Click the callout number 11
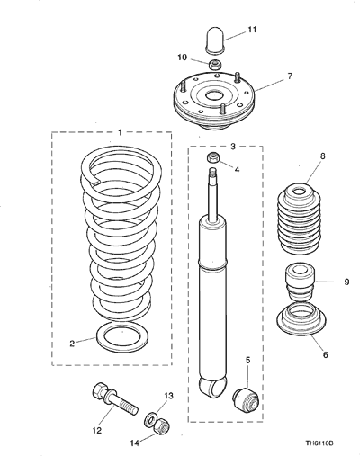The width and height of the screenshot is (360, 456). pyautogui.click(x=252, y=30)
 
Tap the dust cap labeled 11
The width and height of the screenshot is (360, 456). pyautogui.click(x=215, y=40)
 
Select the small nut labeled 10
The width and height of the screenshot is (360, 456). pyautogui.click(x=215, y=65)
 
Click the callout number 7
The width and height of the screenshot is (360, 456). pyautogui.click(x=290, y=76)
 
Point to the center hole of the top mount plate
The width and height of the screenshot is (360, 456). pyautogui.click(x=214, y=96)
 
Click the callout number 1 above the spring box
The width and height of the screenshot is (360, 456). pyautogui.click(x=120, y=132)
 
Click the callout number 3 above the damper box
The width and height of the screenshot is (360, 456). pyautogui.click(x=233, y=147)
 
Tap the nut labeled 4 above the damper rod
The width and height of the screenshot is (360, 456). pyautogui.click(x=213, y=157)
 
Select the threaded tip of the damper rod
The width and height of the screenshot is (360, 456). pyautogui.click(x=213, y=172)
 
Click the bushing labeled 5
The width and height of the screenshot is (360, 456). pyautogui.click(x=246, y=398)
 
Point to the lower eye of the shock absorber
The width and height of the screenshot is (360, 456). pyautogui.click(x=212, y=388)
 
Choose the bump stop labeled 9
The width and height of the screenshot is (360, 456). pyautogui.click(x=300, y=282)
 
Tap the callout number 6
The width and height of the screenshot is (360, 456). pyautogui.click(x=326, y=354)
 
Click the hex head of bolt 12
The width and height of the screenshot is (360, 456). pyautogui.click(x=99, y=390)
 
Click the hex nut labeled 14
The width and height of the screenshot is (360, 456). pyautogui.click(x=163, y=425)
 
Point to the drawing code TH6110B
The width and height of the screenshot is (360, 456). pyautogui.click(x=319, y=443)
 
